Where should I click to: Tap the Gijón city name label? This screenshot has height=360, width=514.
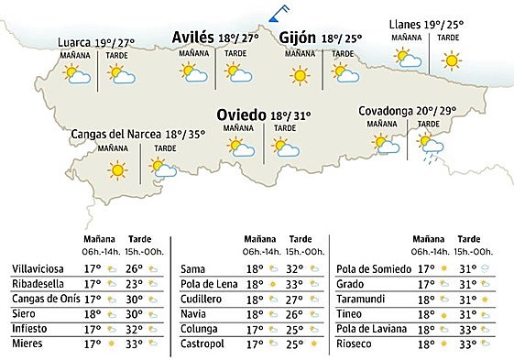point(299,38)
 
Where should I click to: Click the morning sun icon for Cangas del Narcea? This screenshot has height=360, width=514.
point(116,169)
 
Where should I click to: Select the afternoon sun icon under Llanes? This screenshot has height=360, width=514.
point(450,61)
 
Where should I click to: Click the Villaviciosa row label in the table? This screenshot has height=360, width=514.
point(36,268)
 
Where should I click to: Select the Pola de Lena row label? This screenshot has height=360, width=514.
point(208,284)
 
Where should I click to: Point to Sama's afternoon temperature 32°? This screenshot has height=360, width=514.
point(295,268)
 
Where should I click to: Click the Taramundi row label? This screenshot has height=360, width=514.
point(363,299)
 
